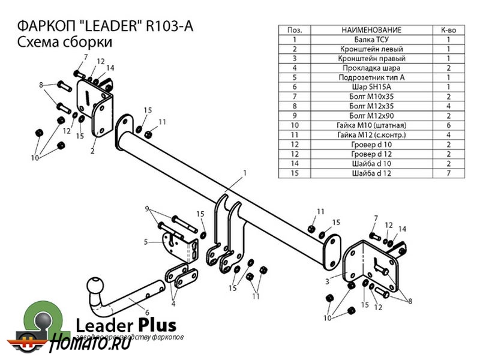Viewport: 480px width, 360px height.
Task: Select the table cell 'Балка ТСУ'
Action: (x=371, y=39)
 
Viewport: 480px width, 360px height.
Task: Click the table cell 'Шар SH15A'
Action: (x=371, y=86)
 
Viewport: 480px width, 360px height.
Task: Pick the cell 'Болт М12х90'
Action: (x=371, y=115)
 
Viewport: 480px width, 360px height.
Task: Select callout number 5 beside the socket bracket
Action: (x=146, y=242)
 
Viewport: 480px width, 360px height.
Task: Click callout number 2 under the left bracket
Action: (x=92, y=151)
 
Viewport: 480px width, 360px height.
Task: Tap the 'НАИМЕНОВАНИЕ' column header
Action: (x=371, y=29)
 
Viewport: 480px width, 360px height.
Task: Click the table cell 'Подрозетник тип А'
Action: (x=371, y=77)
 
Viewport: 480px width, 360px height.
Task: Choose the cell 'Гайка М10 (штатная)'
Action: (x=371, y=125)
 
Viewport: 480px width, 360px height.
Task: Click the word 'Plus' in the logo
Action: (x=157, y=325)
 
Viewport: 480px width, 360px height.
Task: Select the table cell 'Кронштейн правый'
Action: (x=371, y=58)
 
